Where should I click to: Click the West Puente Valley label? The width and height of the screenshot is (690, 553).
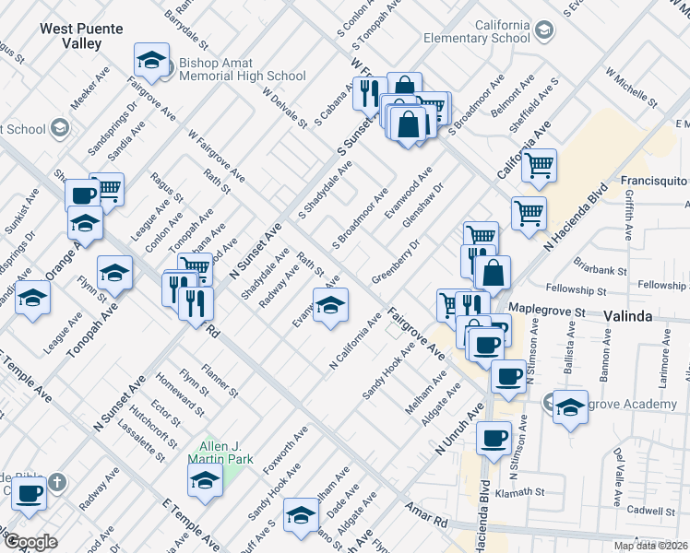(81, 35)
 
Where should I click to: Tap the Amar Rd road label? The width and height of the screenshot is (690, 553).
(428, 515)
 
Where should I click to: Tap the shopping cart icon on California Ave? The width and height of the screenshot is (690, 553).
(540, 166)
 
